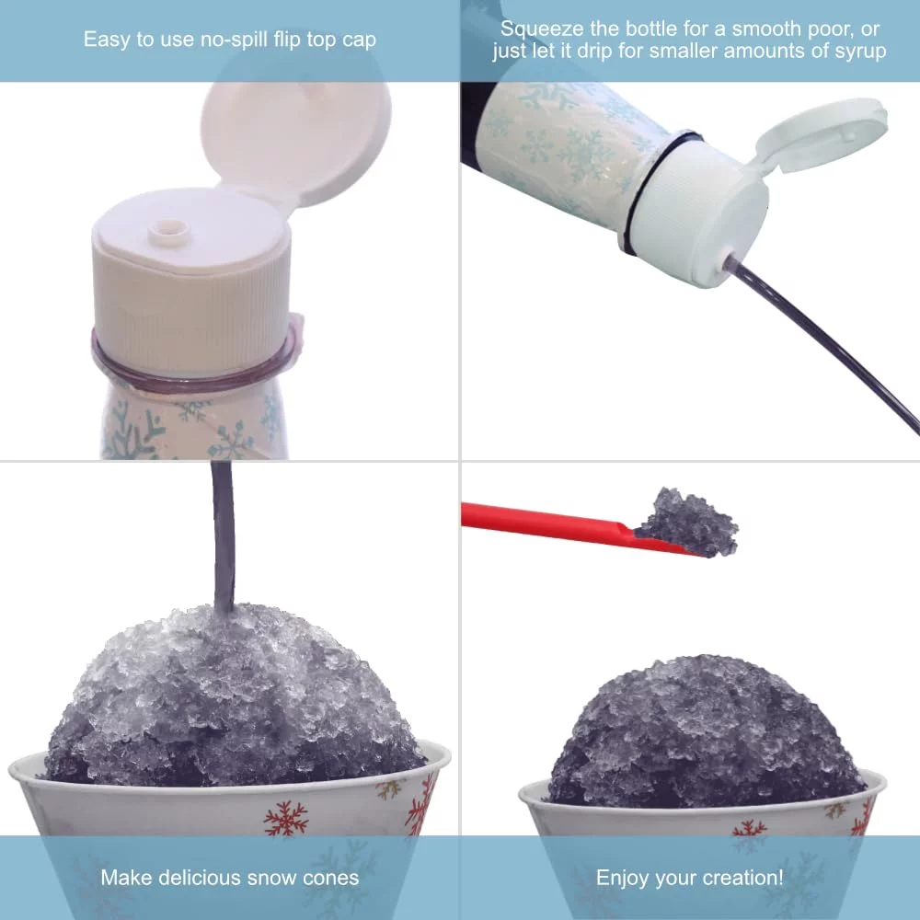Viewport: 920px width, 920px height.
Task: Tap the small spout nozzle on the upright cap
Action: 169,231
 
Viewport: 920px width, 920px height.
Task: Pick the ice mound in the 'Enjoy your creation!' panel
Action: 704,733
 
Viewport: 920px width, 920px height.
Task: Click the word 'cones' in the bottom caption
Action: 330,878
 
